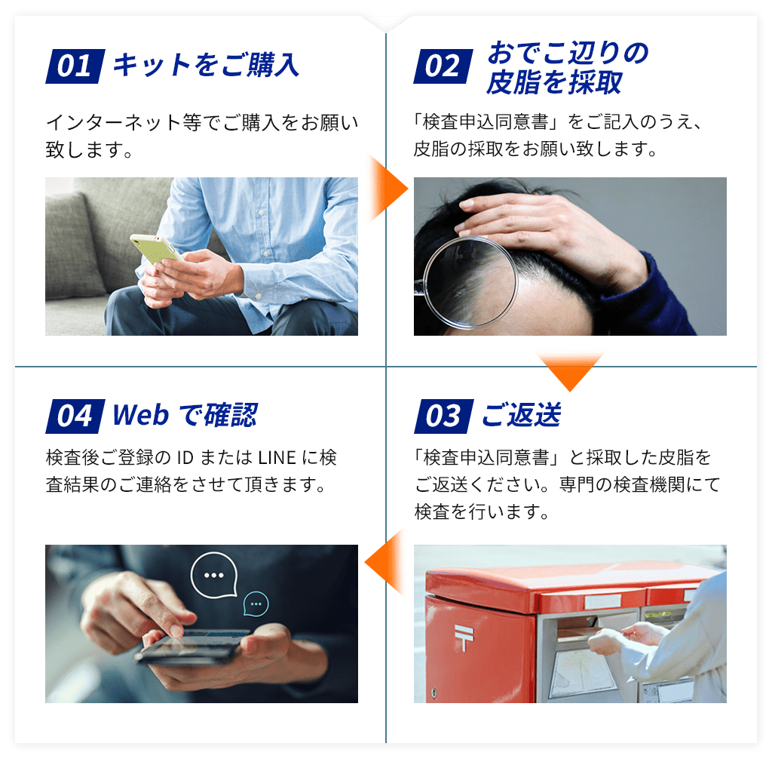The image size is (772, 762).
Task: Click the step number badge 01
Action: coord(74,66)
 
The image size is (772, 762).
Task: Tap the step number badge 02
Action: coord(443,66)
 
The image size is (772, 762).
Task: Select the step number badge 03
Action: coord(443,416)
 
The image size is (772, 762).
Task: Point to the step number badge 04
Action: coord(74,416)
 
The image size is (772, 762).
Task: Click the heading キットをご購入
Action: coord(206,66)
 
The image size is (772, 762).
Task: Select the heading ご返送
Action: coord(521,415)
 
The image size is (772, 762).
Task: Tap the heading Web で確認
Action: coord(185,415)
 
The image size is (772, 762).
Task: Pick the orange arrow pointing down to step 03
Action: coord(571,370)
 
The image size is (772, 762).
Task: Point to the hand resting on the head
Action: coord(543,226)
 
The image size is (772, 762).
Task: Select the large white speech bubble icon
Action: coord(214,575)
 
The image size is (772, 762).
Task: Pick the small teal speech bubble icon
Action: coord(256,604)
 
